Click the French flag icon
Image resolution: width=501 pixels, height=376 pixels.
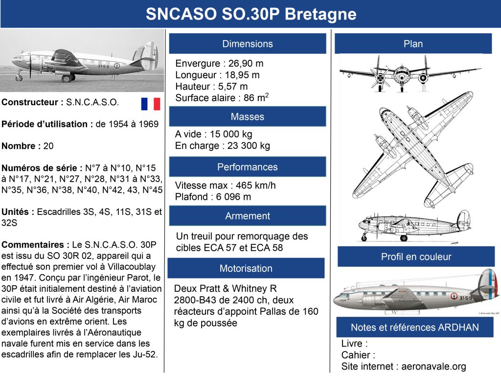(151, 104)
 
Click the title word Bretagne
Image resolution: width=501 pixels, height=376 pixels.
(320, 14)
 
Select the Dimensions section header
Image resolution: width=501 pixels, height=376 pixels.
(248, 44)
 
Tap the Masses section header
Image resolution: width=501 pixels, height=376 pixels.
(248, 117)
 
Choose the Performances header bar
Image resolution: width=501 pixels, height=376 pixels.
(248, 167)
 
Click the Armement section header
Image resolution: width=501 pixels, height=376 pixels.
(248, 216)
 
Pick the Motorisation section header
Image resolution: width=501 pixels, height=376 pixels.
(246, 268)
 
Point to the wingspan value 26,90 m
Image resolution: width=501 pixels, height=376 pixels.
(246, 63)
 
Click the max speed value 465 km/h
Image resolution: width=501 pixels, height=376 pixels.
(255, 186)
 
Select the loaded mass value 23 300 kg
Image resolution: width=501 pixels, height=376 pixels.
(249, 146)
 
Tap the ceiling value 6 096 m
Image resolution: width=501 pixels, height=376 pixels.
(233, 197)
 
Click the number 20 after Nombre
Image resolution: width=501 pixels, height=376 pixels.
(48, 146)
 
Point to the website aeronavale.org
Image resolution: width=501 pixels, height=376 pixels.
(433, 366)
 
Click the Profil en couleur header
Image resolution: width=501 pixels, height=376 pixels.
(416, 257)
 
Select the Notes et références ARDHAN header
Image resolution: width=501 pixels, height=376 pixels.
(415, 328)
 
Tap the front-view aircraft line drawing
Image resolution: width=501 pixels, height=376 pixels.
(410, 73)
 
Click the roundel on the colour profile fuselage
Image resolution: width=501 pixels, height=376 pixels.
(454, 296)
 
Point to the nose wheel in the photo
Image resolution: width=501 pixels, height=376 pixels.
(20, 78)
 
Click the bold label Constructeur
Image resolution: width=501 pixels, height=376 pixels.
(30, 102)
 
